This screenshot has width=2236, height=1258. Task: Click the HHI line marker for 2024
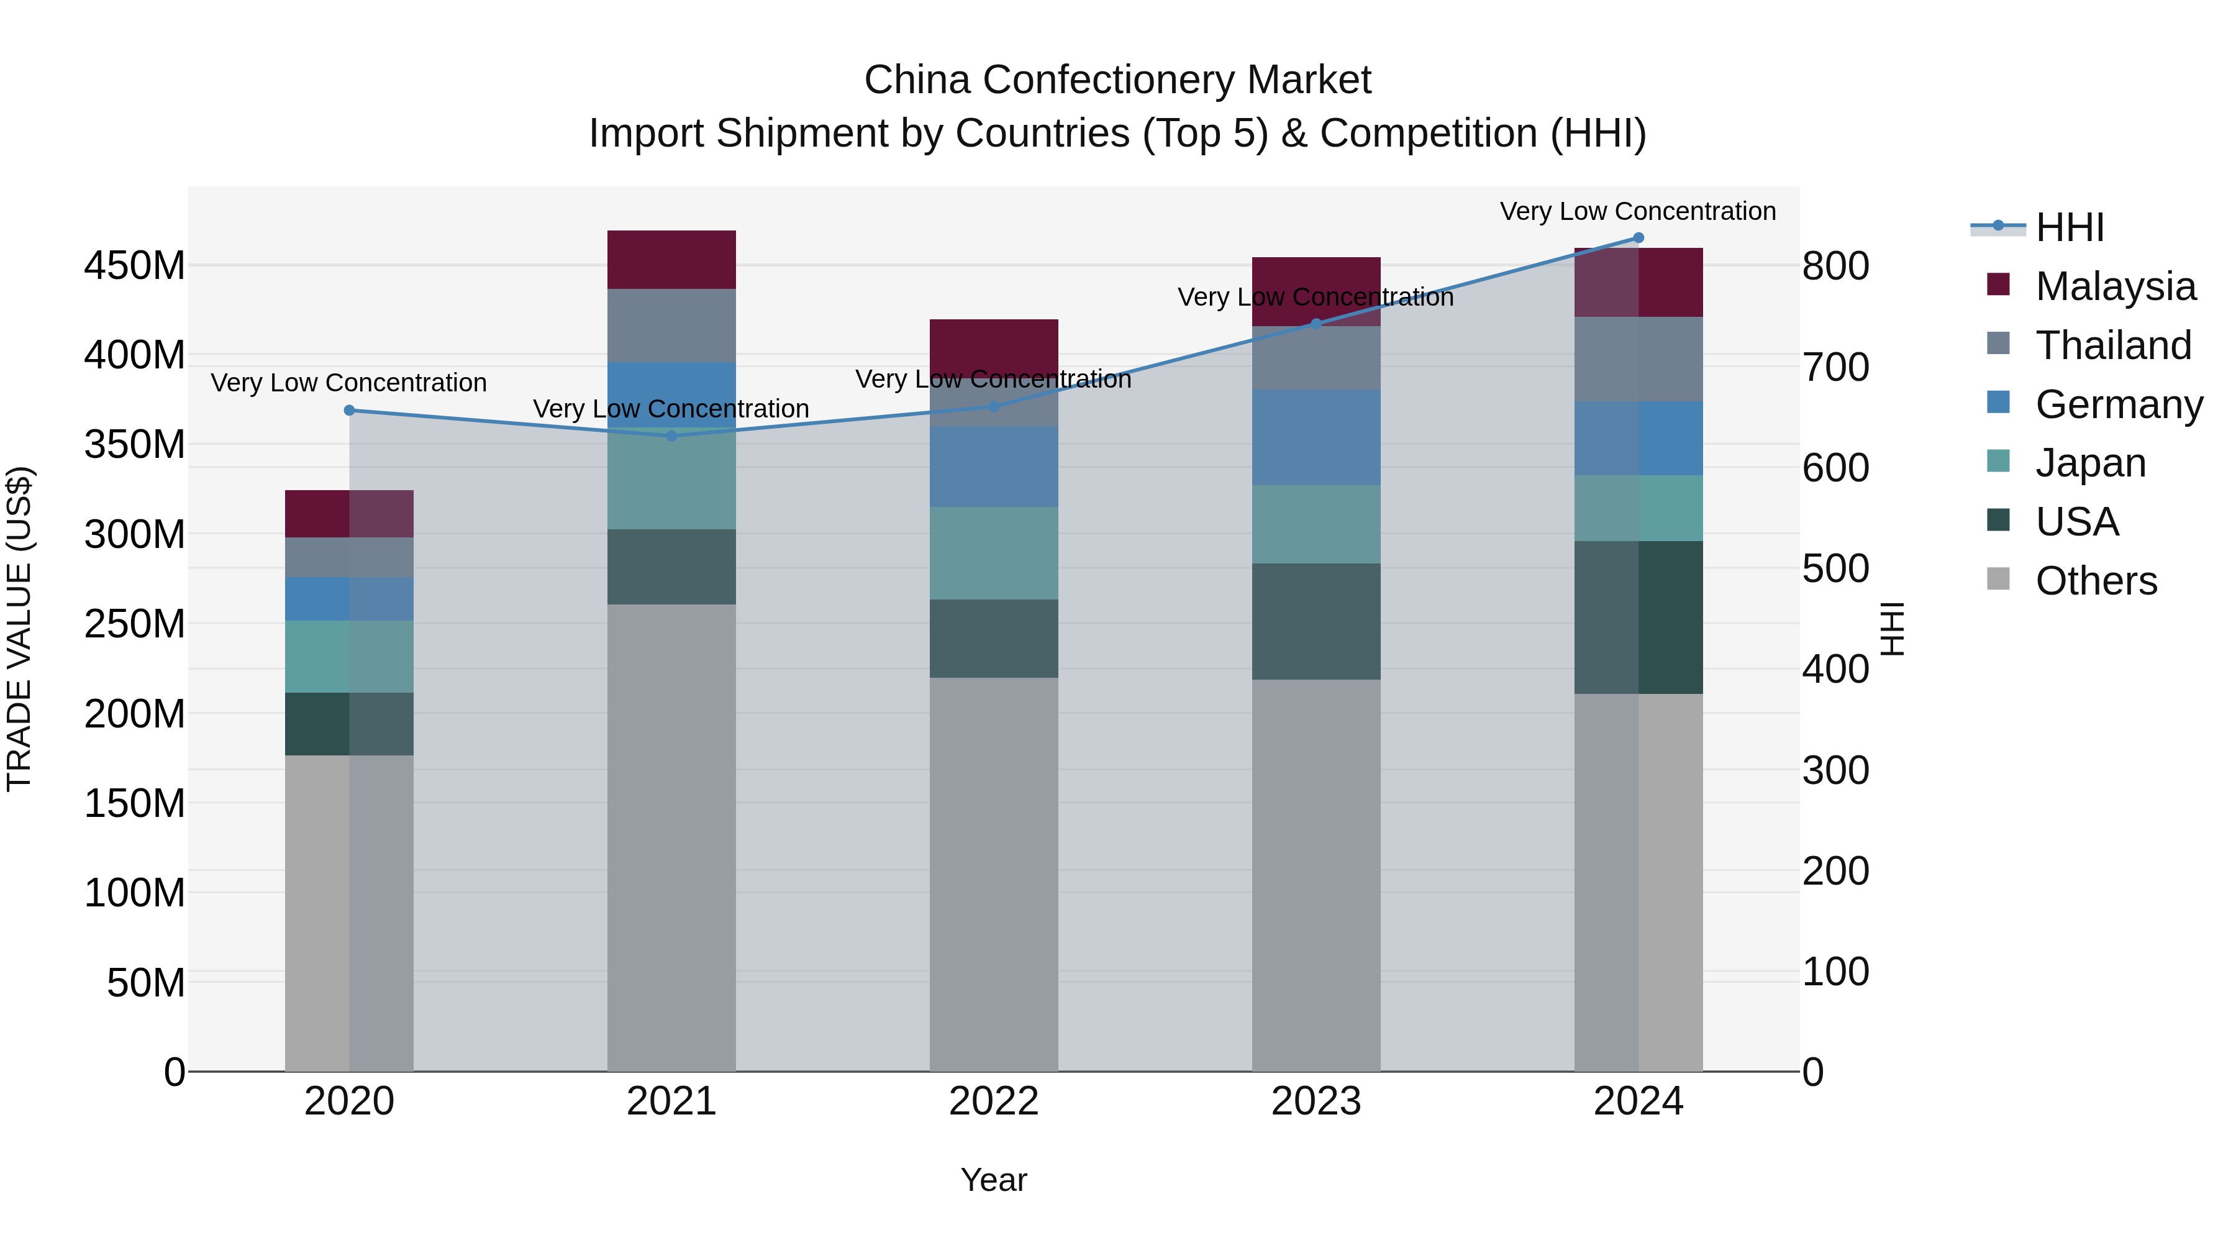(1638, 238)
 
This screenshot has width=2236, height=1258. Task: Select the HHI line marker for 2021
(671, 436)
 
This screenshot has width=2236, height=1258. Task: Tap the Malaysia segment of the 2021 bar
(671, 260)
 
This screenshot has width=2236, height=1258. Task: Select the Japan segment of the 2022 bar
(994, 553)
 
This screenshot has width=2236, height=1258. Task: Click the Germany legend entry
(2118, 404)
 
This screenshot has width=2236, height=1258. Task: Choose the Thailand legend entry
(2113, 345)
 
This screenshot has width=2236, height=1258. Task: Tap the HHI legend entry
(2070, 227)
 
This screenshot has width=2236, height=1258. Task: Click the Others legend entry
(2096, 581)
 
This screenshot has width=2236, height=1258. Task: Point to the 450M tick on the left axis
(135, 266)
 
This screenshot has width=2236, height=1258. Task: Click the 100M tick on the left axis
(135, 893)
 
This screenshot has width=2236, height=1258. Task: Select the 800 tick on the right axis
(1835, 266)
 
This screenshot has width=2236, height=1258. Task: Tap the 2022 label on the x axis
(994, 1101)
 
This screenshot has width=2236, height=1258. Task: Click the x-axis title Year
(994, 1180)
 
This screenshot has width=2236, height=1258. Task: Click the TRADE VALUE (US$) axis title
(19, 629)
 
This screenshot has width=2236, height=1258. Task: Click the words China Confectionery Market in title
(1117, 80)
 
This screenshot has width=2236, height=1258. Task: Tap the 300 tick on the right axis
(1835, 771)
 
